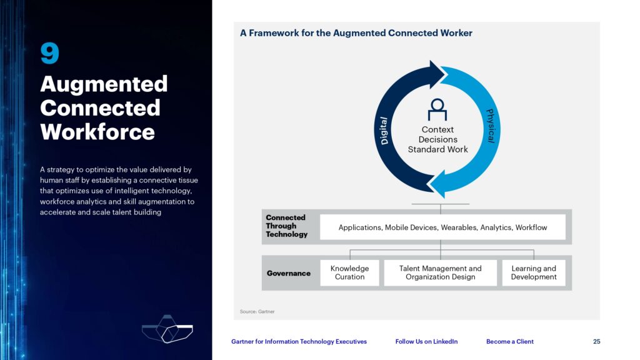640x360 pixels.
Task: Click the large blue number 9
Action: click(50, 53)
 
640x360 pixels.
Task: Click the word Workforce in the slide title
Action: click(97, 132)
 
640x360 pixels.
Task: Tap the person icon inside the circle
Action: click(437, 109)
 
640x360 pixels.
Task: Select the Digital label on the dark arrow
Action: click(384, 131)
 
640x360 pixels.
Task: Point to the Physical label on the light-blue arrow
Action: click(491, 126)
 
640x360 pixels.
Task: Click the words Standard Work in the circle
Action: click(437, 149)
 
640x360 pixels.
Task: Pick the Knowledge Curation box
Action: click(349, 272)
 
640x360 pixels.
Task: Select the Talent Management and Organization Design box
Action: click(441, 272)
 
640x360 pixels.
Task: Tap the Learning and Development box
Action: click(534, 272)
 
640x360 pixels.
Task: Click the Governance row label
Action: click(289, 273)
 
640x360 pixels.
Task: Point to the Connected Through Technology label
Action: click(286, 226)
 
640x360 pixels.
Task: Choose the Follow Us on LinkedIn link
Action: click(426, 342)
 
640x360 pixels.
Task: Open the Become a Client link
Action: click(510, 342)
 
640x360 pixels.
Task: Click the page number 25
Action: click(597, 342)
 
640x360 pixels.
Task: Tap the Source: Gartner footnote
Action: click(257, 311)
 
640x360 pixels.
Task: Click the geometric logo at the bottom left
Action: click(167, 329)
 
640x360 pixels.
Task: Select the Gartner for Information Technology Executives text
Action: click(299, 342)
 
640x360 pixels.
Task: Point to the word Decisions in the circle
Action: click(437, 139)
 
